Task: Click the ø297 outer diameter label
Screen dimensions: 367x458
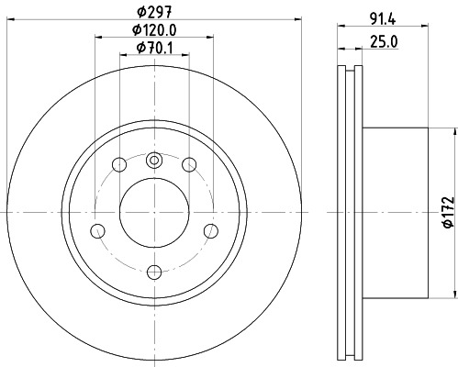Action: [153, 11]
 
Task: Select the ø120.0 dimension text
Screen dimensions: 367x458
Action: [153, 30]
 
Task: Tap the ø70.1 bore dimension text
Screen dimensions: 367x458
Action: [153, 48]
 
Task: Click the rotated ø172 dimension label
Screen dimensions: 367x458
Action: [444, 211]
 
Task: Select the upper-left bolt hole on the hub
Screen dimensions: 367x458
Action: [118, 165]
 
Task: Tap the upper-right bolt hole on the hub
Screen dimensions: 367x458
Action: [189, 165]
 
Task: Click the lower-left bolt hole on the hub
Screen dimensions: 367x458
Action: [97, 230]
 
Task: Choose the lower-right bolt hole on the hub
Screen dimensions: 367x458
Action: [211, 230]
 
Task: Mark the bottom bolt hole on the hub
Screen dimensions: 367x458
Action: [154, 271]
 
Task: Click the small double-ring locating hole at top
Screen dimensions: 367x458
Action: [154, 161]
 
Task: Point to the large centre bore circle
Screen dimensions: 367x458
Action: [154, 213]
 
